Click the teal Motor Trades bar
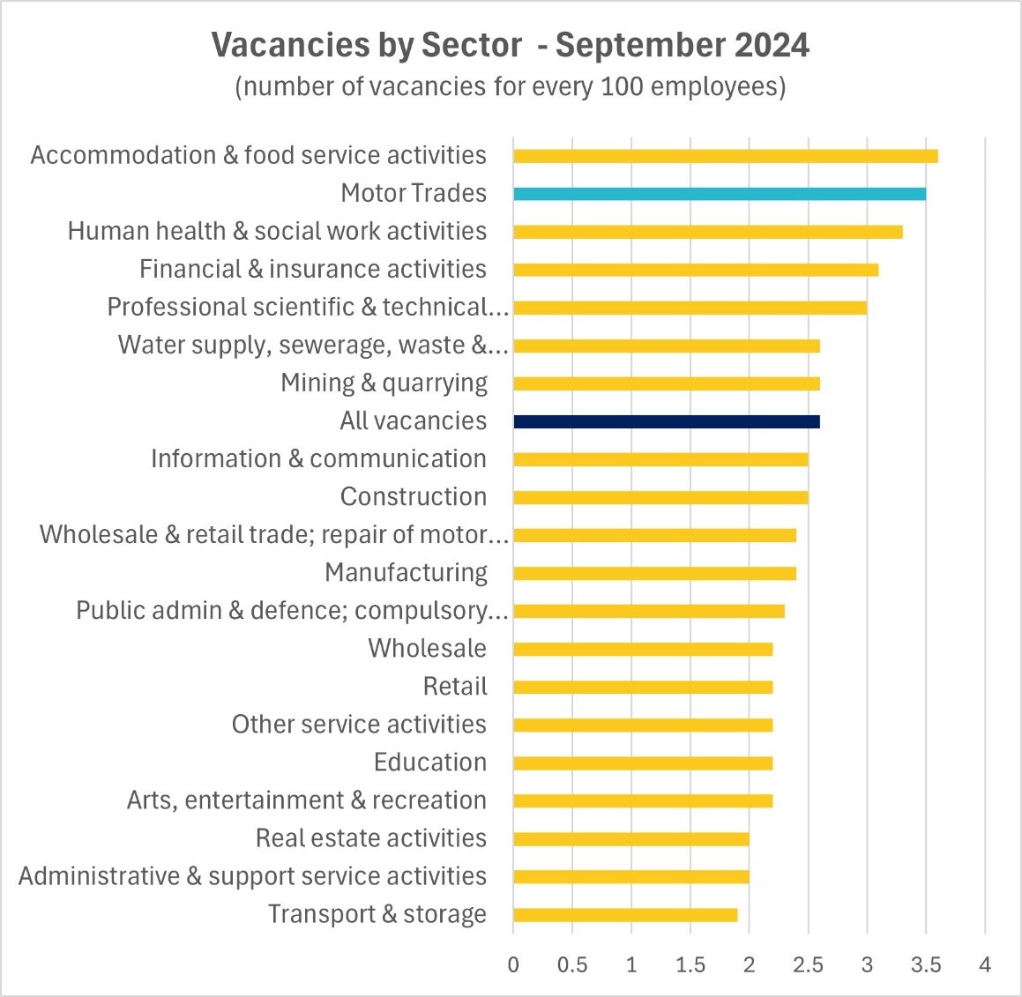point(720,194)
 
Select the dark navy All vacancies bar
point(667,421)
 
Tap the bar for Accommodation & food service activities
point(725,156)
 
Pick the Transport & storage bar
point(625,914)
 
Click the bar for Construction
point(660,497)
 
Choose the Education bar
point(643,763)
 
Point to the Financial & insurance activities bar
point(696,270)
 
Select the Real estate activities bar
point(631,838)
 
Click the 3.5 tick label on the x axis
point(926,964)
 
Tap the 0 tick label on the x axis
point(513,964)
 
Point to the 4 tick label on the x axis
point(985,964)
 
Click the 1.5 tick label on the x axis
point(690,964)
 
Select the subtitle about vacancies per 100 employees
point(511,86)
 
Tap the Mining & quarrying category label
point(384,383)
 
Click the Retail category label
point(455,686)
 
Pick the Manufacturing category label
point(406,572)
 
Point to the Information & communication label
point(318,458)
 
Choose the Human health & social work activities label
point(277,231)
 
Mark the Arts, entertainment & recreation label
point(307,800)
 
